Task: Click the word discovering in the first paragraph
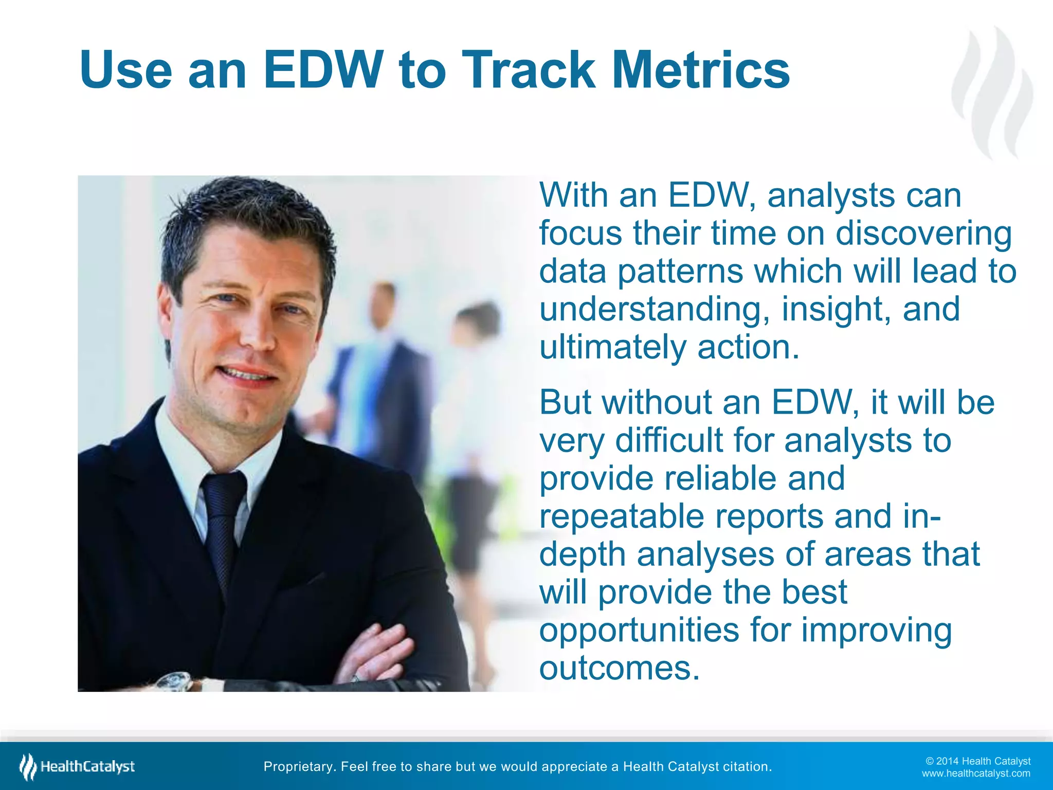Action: pos(923,234)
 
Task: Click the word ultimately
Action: pos(612,347)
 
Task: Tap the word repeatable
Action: pos(621,516)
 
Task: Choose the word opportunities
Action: pos(639,630)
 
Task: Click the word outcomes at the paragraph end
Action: pos(619,668)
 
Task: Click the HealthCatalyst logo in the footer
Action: pos(77,767)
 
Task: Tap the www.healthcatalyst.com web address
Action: pos(975,774)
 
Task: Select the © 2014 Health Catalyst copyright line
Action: pos(977,761)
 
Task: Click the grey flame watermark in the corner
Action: pos(992,93)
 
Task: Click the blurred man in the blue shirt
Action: pos(375,370)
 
